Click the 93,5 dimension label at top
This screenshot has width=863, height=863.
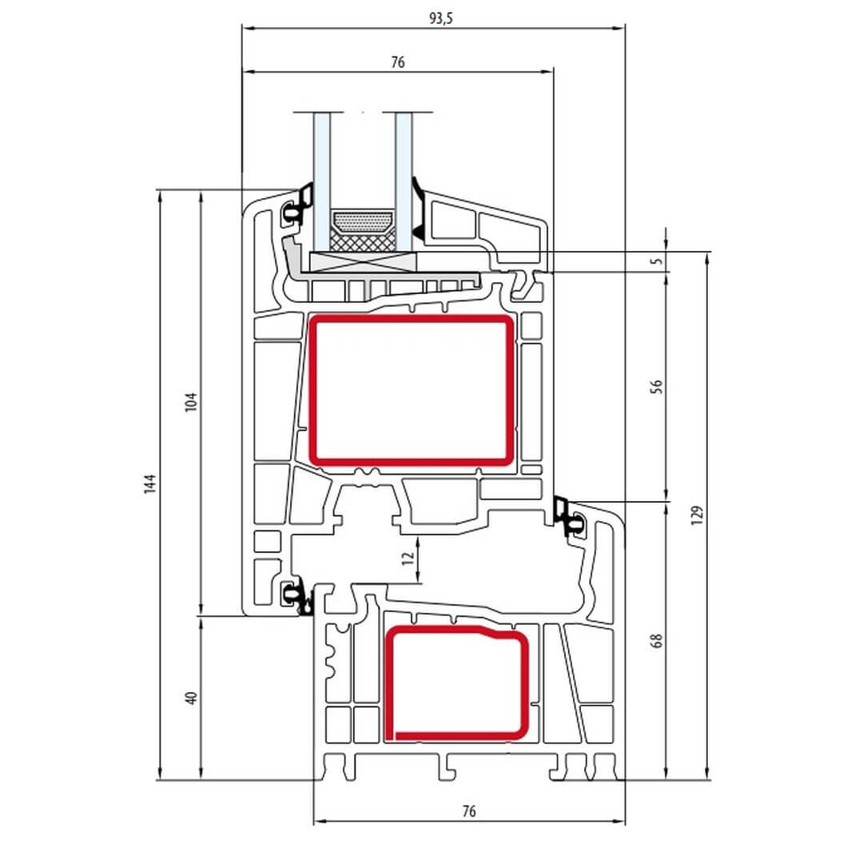click(441, 18)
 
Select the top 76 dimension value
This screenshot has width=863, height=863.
click(398, 62)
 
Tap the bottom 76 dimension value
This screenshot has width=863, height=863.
click(469, 811)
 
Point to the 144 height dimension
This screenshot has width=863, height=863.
click(150, 483)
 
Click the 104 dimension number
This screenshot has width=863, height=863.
click(190, 402)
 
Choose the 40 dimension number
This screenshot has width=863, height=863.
click(191, 698)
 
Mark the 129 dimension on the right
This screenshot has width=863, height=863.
click(697, 515)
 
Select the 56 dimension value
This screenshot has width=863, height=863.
click(657, 387)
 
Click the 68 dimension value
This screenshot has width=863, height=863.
click(657, 641)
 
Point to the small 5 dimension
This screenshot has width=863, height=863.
click(657, 260)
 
